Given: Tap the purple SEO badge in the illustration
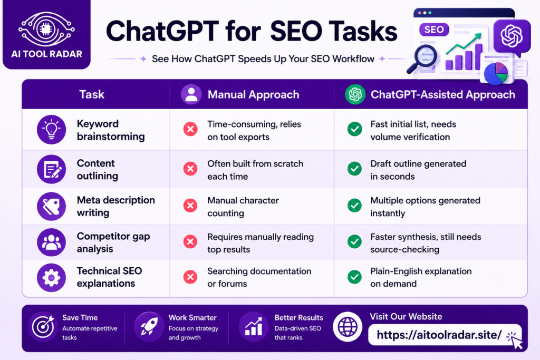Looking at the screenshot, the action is [434, 30].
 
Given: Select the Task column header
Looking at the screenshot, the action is [92, 94].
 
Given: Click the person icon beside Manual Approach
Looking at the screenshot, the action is [191, 94].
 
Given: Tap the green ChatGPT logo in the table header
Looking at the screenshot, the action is [355, 94].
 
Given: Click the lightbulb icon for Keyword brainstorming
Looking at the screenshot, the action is [51, 130].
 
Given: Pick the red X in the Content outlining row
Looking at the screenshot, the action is [190, 169].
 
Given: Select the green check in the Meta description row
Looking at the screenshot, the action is [354, 206].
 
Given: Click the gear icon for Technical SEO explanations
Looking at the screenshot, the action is [51, 277].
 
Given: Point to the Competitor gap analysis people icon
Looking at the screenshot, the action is [51, 242].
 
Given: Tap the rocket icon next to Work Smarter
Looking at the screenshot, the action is [149, 327].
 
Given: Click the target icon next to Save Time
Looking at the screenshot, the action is [43, 327].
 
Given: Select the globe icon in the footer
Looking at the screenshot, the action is [348, 327].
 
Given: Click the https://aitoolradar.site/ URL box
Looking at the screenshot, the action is [445, 335].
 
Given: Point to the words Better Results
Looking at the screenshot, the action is [298, 318].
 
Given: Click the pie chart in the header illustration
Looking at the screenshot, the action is [496, 73].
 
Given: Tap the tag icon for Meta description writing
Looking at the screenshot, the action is [51, 207].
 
